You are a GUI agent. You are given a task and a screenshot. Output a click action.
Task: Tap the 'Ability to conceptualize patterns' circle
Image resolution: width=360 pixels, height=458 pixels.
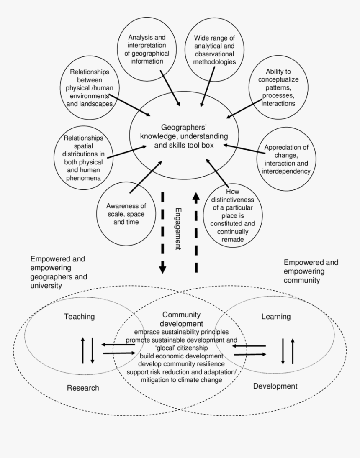(278, 87)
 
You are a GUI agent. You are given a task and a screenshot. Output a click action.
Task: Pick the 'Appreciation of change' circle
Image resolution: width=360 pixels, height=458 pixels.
(286, 159)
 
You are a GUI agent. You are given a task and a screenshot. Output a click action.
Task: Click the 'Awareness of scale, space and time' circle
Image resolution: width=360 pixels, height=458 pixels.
(126, 213)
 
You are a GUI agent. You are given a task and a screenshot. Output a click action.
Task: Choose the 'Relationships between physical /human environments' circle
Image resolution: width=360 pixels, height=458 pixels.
(90, 88)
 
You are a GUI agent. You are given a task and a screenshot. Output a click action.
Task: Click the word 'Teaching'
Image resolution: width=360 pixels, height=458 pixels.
(79, 317)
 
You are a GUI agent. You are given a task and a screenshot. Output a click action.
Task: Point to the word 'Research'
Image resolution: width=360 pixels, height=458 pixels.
(83, 388)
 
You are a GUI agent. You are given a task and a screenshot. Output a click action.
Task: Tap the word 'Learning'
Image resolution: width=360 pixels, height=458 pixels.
(276, 317)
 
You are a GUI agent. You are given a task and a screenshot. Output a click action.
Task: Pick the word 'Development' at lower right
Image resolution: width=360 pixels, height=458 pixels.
(275, 386)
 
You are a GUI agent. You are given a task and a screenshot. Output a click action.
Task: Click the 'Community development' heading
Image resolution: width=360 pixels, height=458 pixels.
(181, 319)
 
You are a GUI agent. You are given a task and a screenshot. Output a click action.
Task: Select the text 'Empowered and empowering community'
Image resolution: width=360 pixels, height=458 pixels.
(311, 271)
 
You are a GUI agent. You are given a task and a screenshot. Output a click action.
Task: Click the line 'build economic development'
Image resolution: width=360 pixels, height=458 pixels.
(181, 356)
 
